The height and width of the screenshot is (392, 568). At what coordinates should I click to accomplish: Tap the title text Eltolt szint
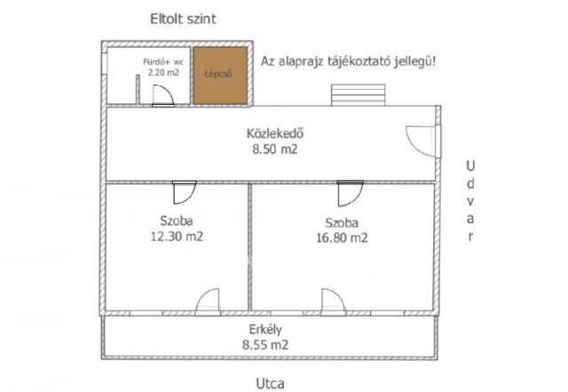click(183, 18)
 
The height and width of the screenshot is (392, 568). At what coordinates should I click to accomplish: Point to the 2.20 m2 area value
click(163, 73)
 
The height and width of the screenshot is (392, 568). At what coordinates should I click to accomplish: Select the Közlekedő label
click(276, 135)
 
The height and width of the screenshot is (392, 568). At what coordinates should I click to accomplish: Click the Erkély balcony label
click(265, 329)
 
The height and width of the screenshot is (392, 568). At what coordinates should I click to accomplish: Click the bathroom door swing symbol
click(162, 96)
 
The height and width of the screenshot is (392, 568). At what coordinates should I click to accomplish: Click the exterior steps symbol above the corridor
click(358, 95)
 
